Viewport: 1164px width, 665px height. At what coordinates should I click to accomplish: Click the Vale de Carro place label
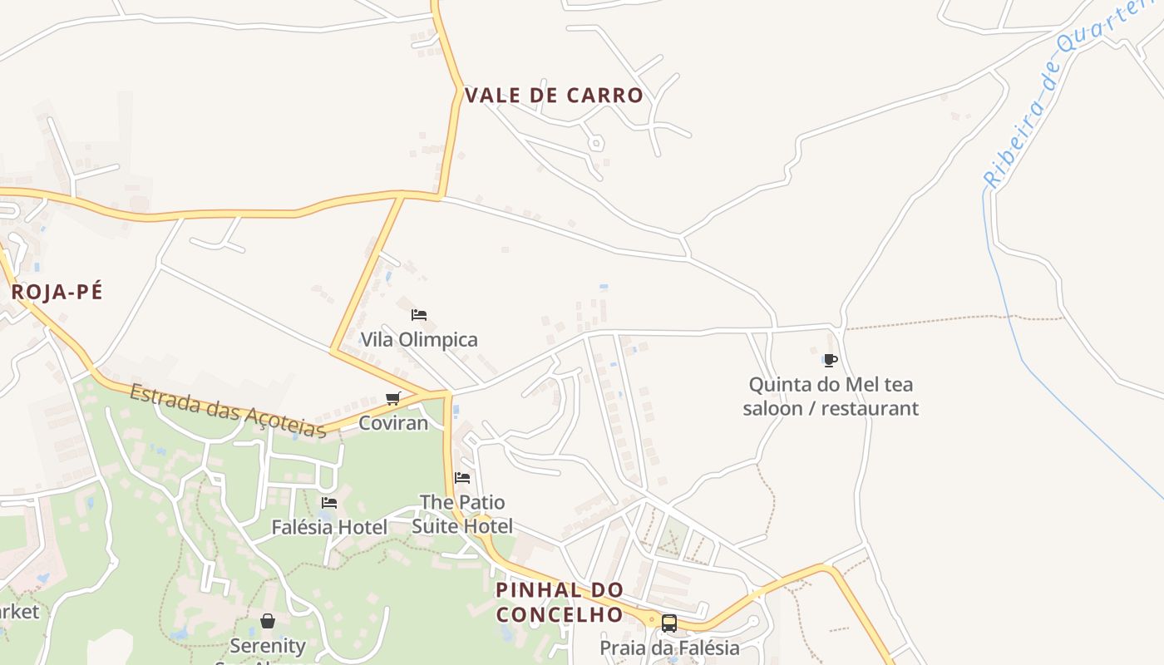tap(554, 96)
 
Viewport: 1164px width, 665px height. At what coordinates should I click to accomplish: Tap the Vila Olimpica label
tap(419, 339)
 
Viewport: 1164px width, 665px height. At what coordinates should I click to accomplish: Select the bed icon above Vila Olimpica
tap(419, 315)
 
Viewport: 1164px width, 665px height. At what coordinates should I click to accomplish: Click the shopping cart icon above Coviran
tap(393, 398)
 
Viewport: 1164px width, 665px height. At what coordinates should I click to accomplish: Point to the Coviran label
tap(393, 422)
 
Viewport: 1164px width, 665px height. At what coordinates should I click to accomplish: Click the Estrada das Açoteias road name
tap(227, 409)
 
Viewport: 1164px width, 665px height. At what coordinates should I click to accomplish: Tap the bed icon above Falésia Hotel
tap(329, 503)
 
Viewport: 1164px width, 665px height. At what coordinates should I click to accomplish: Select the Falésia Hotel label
tap(329, 527)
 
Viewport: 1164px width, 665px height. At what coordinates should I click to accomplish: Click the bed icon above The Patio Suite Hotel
tap(462, 478)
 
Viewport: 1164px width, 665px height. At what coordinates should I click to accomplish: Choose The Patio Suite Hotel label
tap(462, 514)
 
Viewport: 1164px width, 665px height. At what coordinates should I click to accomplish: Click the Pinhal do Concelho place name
tap(560, 602)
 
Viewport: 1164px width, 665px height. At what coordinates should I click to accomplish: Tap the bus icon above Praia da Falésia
tap(669, 623)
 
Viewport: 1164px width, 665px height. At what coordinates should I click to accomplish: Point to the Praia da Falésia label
tap(669, 647)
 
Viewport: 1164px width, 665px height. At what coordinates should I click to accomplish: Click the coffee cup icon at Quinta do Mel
tap(830, 360)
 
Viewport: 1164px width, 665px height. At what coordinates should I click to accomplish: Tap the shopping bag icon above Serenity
tap(268, 621)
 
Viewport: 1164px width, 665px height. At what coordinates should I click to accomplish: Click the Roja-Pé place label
tap(57, 292)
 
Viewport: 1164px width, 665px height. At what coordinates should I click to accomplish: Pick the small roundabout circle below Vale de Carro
tap(595, 143)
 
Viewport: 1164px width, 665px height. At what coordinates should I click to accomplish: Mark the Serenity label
tap(268, 646)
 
